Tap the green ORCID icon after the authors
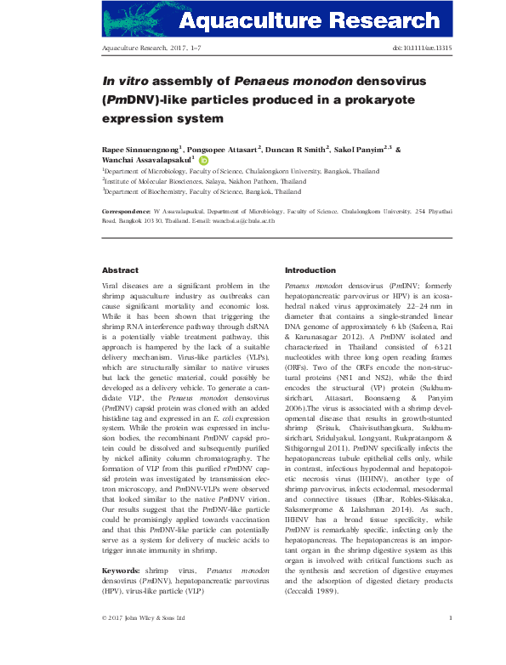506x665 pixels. tap(204, 159)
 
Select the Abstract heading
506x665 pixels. tap(119, 270)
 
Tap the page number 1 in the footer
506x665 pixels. tap(450, 642)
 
